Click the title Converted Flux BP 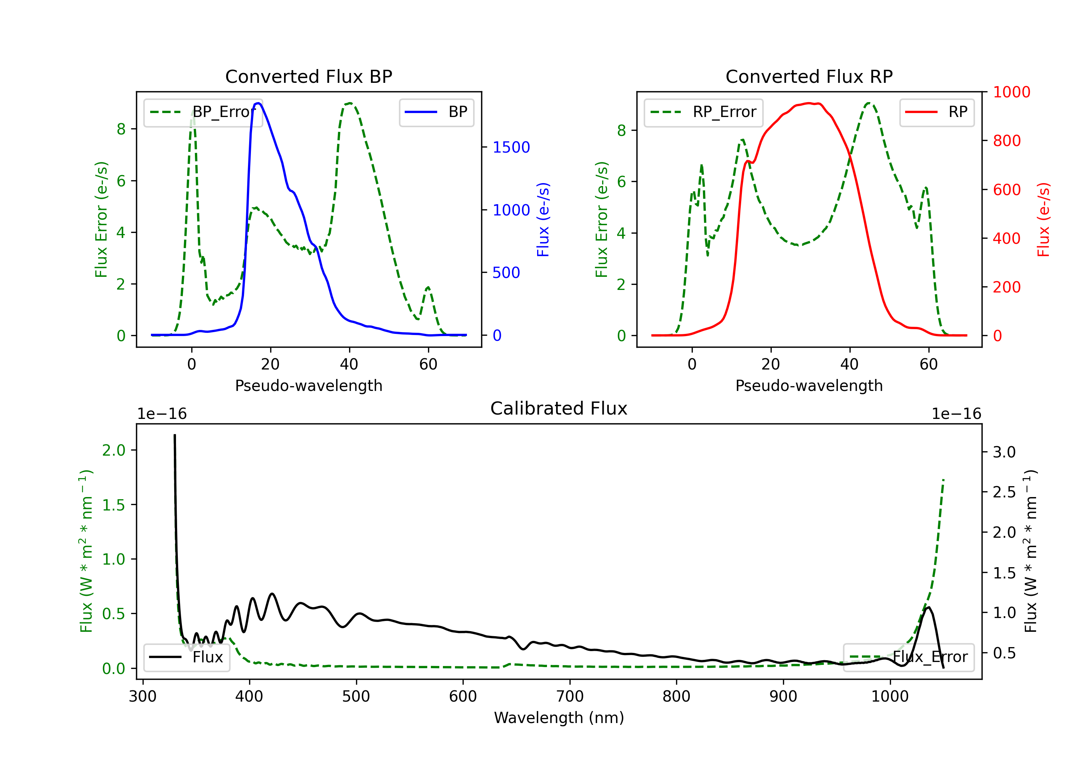click(308, 76)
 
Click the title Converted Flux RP click(809, 76)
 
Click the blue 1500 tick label click(511, 147)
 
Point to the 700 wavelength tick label click(569, 697)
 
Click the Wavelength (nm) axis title click(559, 718)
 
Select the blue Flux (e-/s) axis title click(543, 219)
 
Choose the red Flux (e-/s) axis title click(1043, 219)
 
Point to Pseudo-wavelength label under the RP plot click(809, 385)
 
